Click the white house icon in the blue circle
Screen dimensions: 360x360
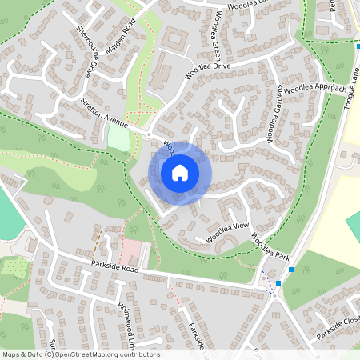point(180,172)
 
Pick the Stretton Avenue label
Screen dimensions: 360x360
point(104,113)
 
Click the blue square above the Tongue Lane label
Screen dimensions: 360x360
point(357,46)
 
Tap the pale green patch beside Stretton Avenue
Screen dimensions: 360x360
point(118,138)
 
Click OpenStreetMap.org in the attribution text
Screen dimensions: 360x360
point(86,354)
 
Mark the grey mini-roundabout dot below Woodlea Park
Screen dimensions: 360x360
point(274,294)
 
